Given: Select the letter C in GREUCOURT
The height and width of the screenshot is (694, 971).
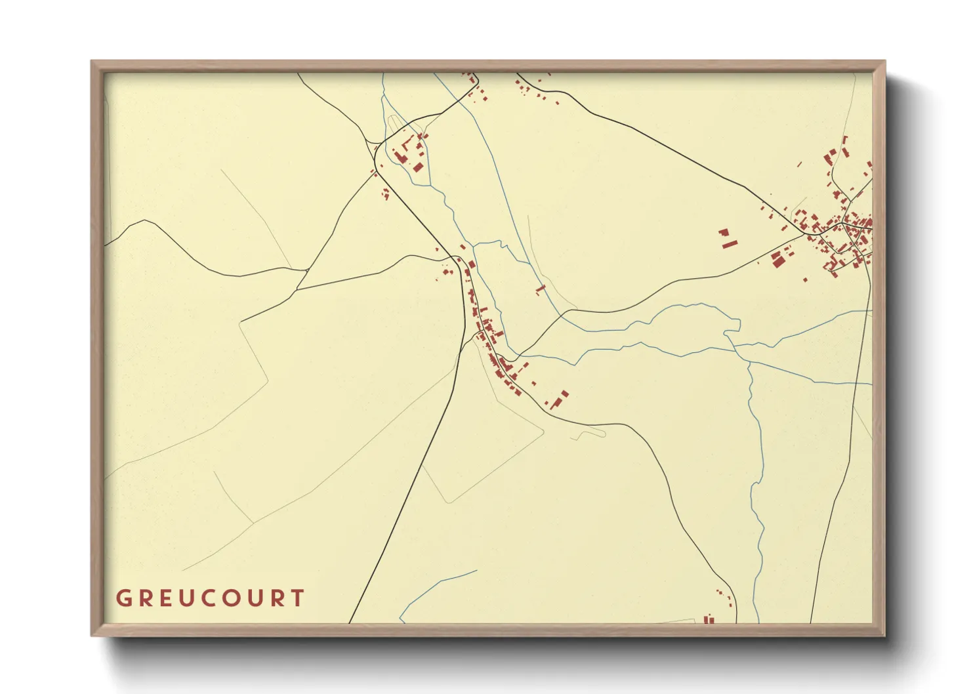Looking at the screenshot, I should pyautogui.click(x=211, y=598).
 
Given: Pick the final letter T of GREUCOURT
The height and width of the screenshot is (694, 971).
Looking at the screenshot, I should pyautogui.click(x=299, y=598).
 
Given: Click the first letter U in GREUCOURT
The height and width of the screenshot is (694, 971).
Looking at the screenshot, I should pyautogui.click(x=188, y=598).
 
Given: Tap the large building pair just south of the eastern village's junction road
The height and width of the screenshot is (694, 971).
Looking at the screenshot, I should pyautogui.click(x=779, y=260).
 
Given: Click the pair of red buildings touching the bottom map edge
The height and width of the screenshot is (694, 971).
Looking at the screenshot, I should pyautogui.click(x=709, y=619).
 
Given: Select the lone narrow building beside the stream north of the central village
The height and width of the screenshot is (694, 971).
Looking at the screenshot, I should pyautogui.click(x=540, y=289).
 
